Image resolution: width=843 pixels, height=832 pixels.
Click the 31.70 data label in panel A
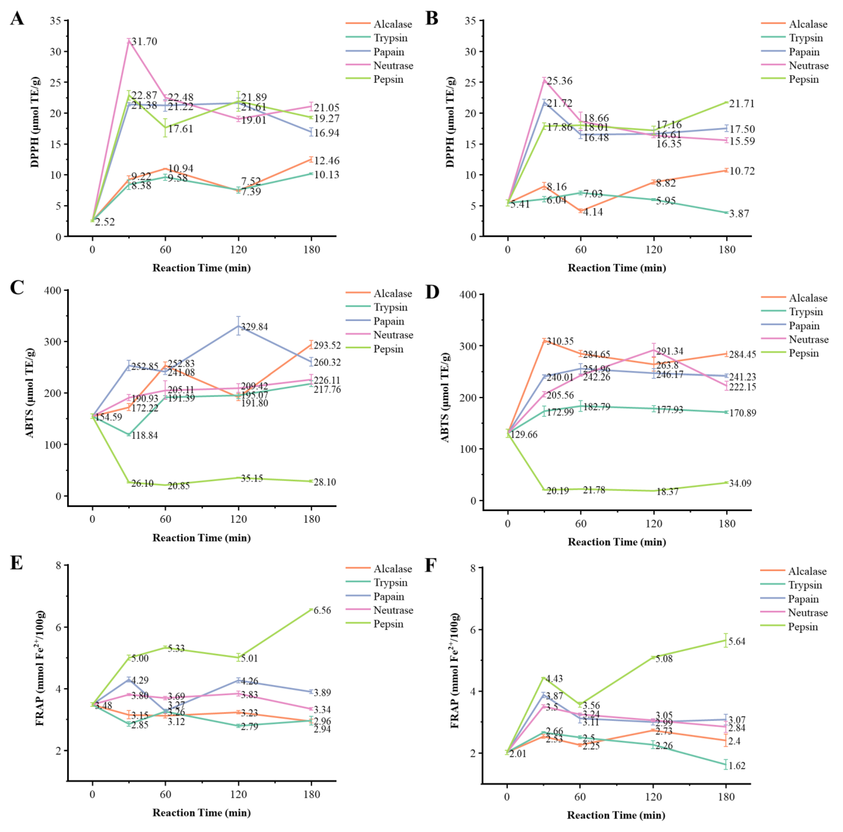[x=144, y=42]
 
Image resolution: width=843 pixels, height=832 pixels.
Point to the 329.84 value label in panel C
[x=254, y=327]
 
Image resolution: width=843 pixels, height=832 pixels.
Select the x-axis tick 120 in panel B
[x=654, y=250]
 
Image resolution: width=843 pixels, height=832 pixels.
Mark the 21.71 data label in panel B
[x=742, y=103]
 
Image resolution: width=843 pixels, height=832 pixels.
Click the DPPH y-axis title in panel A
[x=35, y=122]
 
